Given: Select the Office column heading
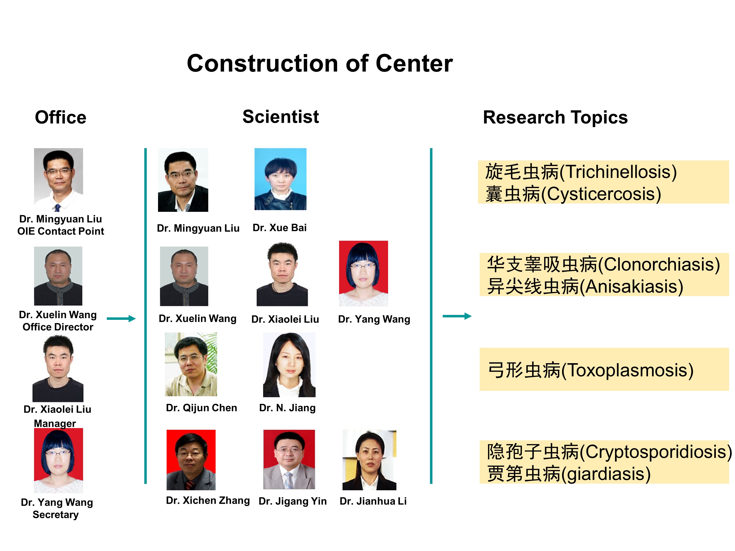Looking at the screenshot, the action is (x=61, y=117).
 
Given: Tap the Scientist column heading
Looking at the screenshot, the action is (x=281, y=117).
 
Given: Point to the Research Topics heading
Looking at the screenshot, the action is (x=555, y=117).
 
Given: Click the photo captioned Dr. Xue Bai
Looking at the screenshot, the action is (x=281, y=179).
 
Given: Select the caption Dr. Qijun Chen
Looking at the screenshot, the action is (x=201, y=408).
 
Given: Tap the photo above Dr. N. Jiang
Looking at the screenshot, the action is (x=289, y=365).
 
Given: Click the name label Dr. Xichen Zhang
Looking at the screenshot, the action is (x=208, y=500).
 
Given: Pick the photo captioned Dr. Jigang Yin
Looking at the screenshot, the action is (x=289, y=459).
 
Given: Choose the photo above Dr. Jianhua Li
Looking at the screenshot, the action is (x=369, y=460).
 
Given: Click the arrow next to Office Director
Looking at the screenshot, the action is (x=121, y=319).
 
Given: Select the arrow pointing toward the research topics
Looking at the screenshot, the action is (x=457, y=316).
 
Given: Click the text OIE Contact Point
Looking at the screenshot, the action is (x=61, y=231).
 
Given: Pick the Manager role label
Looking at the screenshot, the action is (x=55, y=423).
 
